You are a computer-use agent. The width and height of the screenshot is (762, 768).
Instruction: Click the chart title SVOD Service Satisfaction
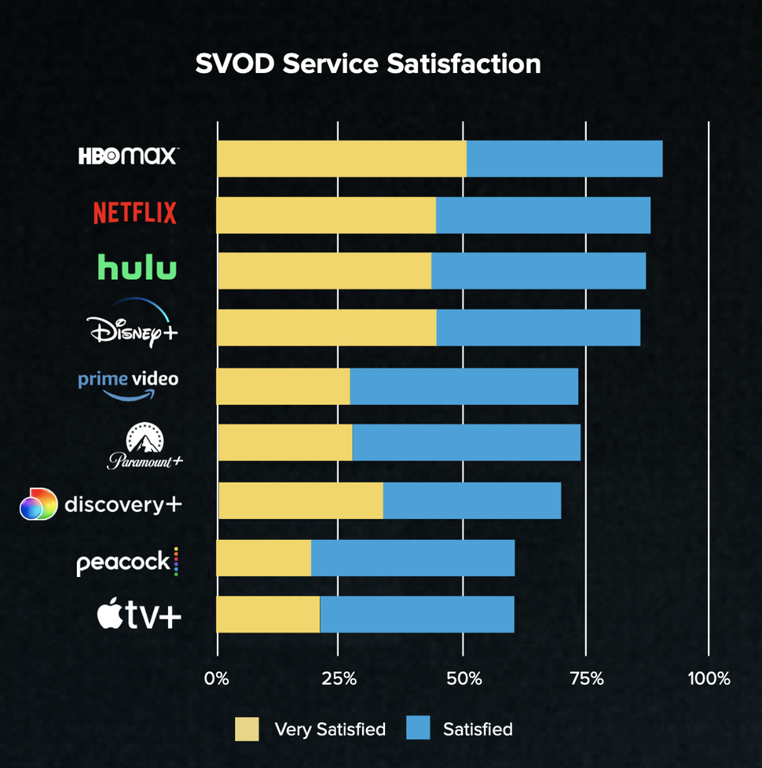[x=368, y=64]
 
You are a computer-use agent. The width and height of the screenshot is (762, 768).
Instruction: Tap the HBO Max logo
[x=128, y=156]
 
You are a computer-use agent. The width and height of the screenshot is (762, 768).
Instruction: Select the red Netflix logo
[x=135, y=213]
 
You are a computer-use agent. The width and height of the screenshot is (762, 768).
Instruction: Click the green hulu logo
[x=137, y=268]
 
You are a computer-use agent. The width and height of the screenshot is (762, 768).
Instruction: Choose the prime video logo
[x=128, y=384]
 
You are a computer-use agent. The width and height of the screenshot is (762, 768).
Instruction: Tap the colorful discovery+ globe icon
[x=38, y=504]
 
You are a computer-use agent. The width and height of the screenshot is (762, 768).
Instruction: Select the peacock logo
[x=127, y=562]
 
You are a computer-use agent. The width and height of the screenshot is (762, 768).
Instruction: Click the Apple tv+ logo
[x=139, y=615]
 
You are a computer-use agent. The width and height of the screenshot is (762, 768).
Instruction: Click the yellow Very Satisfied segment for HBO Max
[x=341, y=159]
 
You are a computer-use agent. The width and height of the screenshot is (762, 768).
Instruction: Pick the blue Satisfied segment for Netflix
[x=543, y=215]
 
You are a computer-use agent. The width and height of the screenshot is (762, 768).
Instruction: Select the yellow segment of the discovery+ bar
[x=300, y=501]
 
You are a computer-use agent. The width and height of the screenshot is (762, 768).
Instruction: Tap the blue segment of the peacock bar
[x=412, y=558]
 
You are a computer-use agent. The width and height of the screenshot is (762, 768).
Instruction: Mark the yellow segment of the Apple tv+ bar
[x=268, y=614]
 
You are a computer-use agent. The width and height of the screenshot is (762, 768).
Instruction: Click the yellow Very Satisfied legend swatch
[x=247, y=729]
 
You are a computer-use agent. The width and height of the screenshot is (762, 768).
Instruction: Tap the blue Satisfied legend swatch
[x=418, y=729]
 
